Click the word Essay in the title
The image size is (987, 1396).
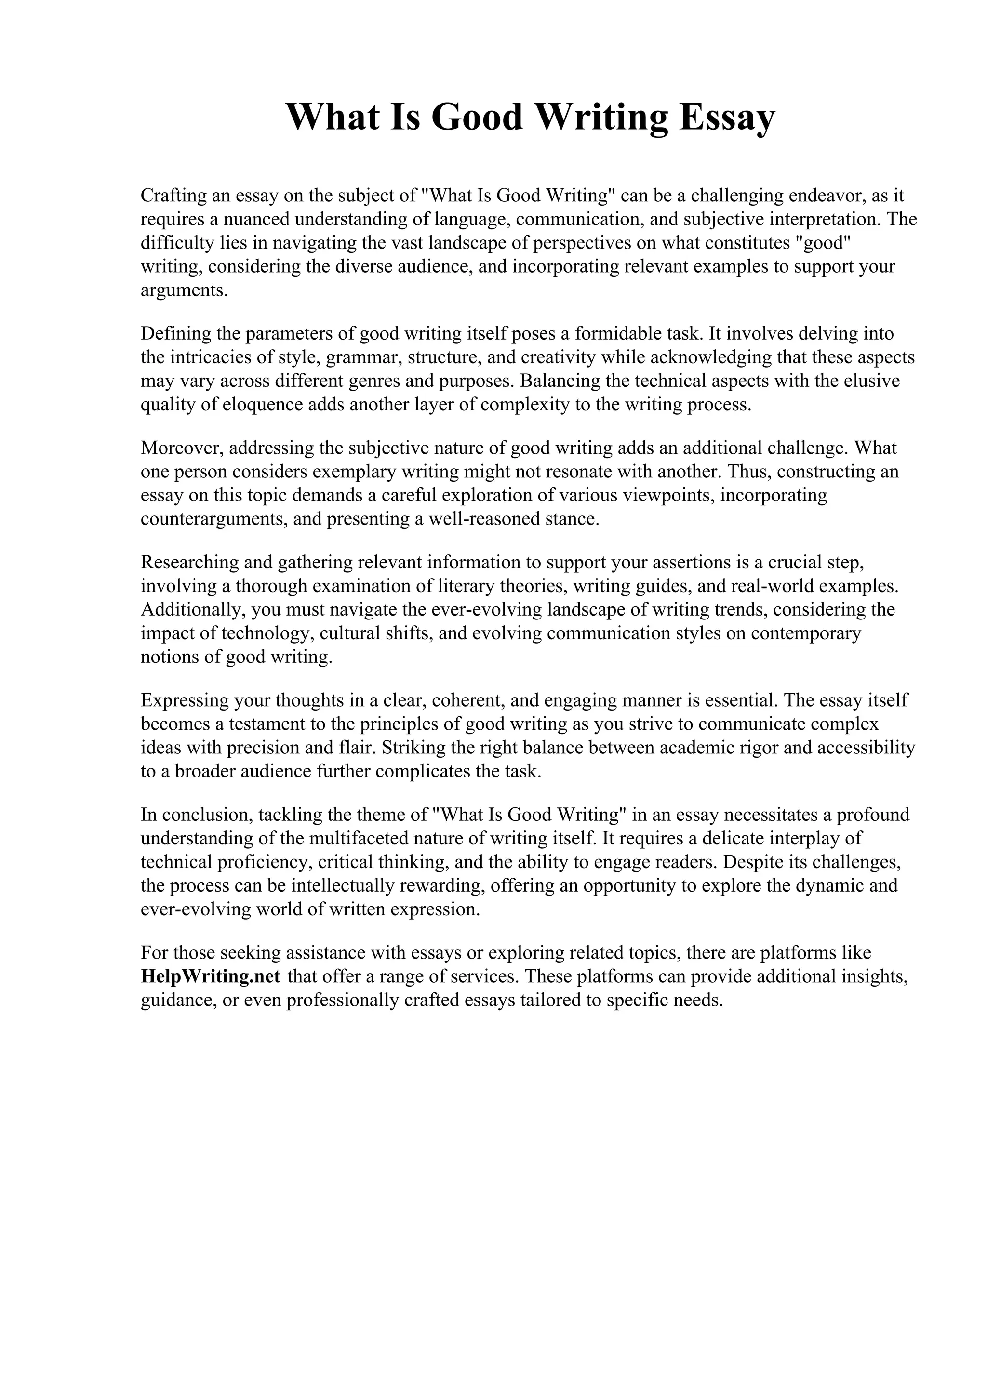click(727, 118)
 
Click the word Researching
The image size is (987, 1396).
click(189, 563)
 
